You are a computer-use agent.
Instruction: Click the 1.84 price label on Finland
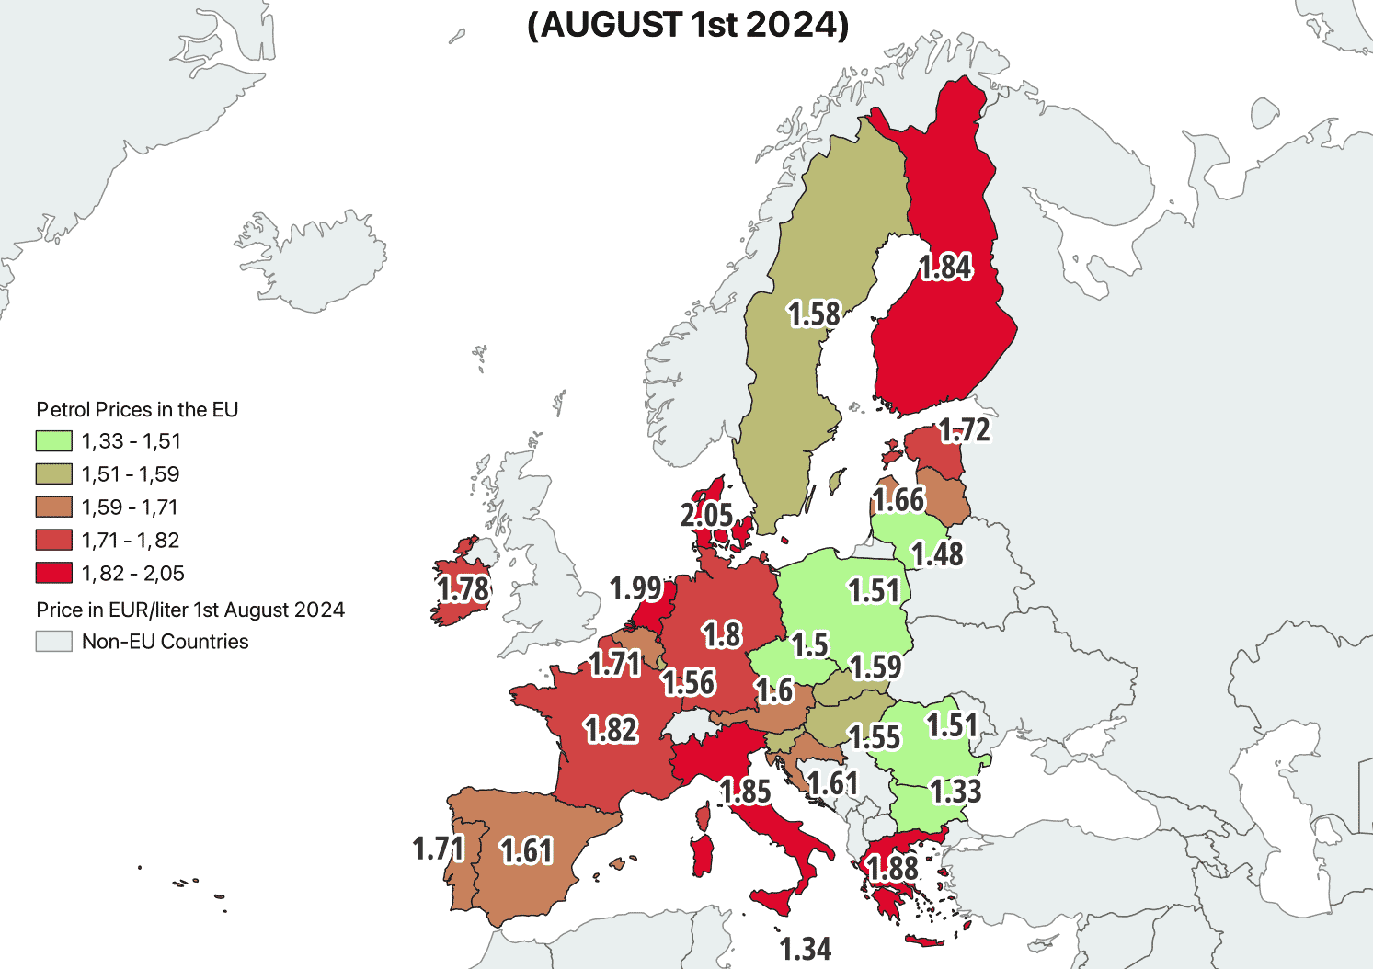pos(945,267)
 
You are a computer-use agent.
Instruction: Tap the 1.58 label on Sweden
pos(814,314)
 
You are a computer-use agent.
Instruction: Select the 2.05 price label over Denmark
pos(706,515)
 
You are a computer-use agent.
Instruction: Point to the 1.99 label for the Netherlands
pos(636,587)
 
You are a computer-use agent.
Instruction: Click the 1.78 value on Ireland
pos(463,588)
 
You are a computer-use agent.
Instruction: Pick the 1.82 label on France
pos(611,730)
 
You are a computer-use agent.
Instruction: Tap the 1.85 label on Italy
pos(745,791)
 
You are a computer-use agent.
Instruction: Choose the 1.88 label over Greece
pos(892,868)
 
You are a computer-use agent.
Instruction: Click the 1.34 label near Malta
pos(806,949)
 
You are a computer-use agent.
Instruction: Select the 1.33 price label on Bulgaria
pos(955,791)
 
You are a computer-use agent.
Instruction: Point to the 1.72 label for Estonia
pos(965,430)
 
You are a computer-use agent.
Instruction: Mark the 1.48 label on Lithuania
pos(937,554)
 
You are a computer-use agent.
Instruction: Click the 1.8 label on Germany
pos(722,634)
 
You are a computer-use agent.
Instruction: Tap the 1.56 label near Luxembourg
pos(689,682)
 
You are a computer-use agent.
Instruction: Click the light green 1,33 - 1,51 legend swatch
pos(53,441)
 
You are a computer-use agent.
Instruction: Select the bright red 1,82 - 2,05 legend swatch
pos(53,574)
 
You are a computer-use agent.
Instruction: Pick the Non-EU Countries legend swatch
pos(53,642)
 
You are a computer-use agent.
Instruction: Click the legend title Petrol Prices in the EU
pos(137,410)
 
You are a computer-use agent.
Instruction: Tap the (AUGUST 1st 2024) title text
pos(688,25)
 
